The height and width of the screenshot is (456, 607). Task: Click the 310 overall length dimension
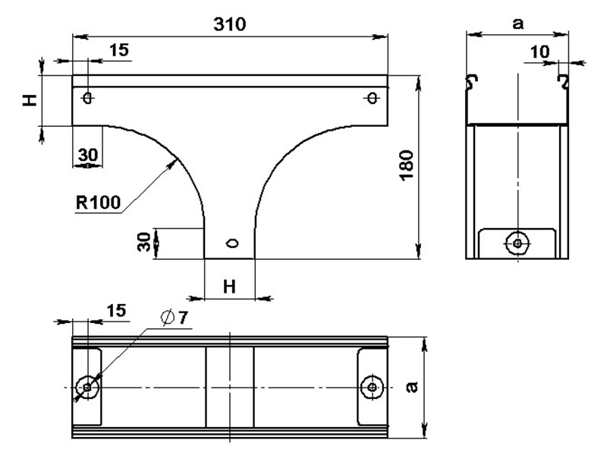[230, 24]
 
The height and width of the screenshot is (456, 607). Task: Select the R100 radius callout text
[99, 202]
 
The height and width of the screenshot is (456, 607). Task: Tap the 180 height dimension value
[407, 165]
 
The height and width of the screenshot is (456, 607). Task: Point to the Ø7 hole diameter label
[175, 318]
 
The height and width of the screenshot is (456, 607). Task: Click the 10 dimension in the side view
[539, 52]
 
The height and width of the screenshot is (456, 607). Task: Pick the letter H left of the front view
[30, 100]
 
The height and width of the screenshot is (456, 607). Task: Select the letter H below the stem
[230, 287]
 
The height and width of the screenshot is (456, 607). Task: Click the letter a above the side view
[517, 24]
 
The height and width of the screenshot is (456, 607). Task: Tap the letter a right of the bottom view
[413, 387]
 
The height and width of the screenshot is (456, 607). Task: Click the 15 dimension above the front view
[119, 50]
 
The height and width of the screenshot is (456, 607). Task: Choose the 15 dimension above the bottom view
[116, 311]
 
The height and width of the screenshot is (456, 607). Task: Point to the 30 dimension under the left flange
[88, 155]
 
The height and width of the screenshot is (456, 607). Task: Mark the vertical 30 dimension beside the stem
[144, 242]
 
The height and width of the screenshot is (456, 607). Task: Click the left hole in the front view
[88, 98]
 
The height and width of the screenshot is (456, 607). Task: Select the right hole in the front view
[373, 98]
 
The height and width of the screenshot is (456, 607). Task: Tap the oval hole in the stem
[233, 243]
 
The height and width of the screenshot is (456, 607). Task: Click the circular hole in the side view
[517, 243]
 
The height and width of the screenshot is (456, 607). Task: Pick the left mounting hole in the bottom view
[87, 387]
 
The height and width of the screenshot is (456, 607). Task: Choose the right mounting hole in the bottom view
[372, 387]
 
